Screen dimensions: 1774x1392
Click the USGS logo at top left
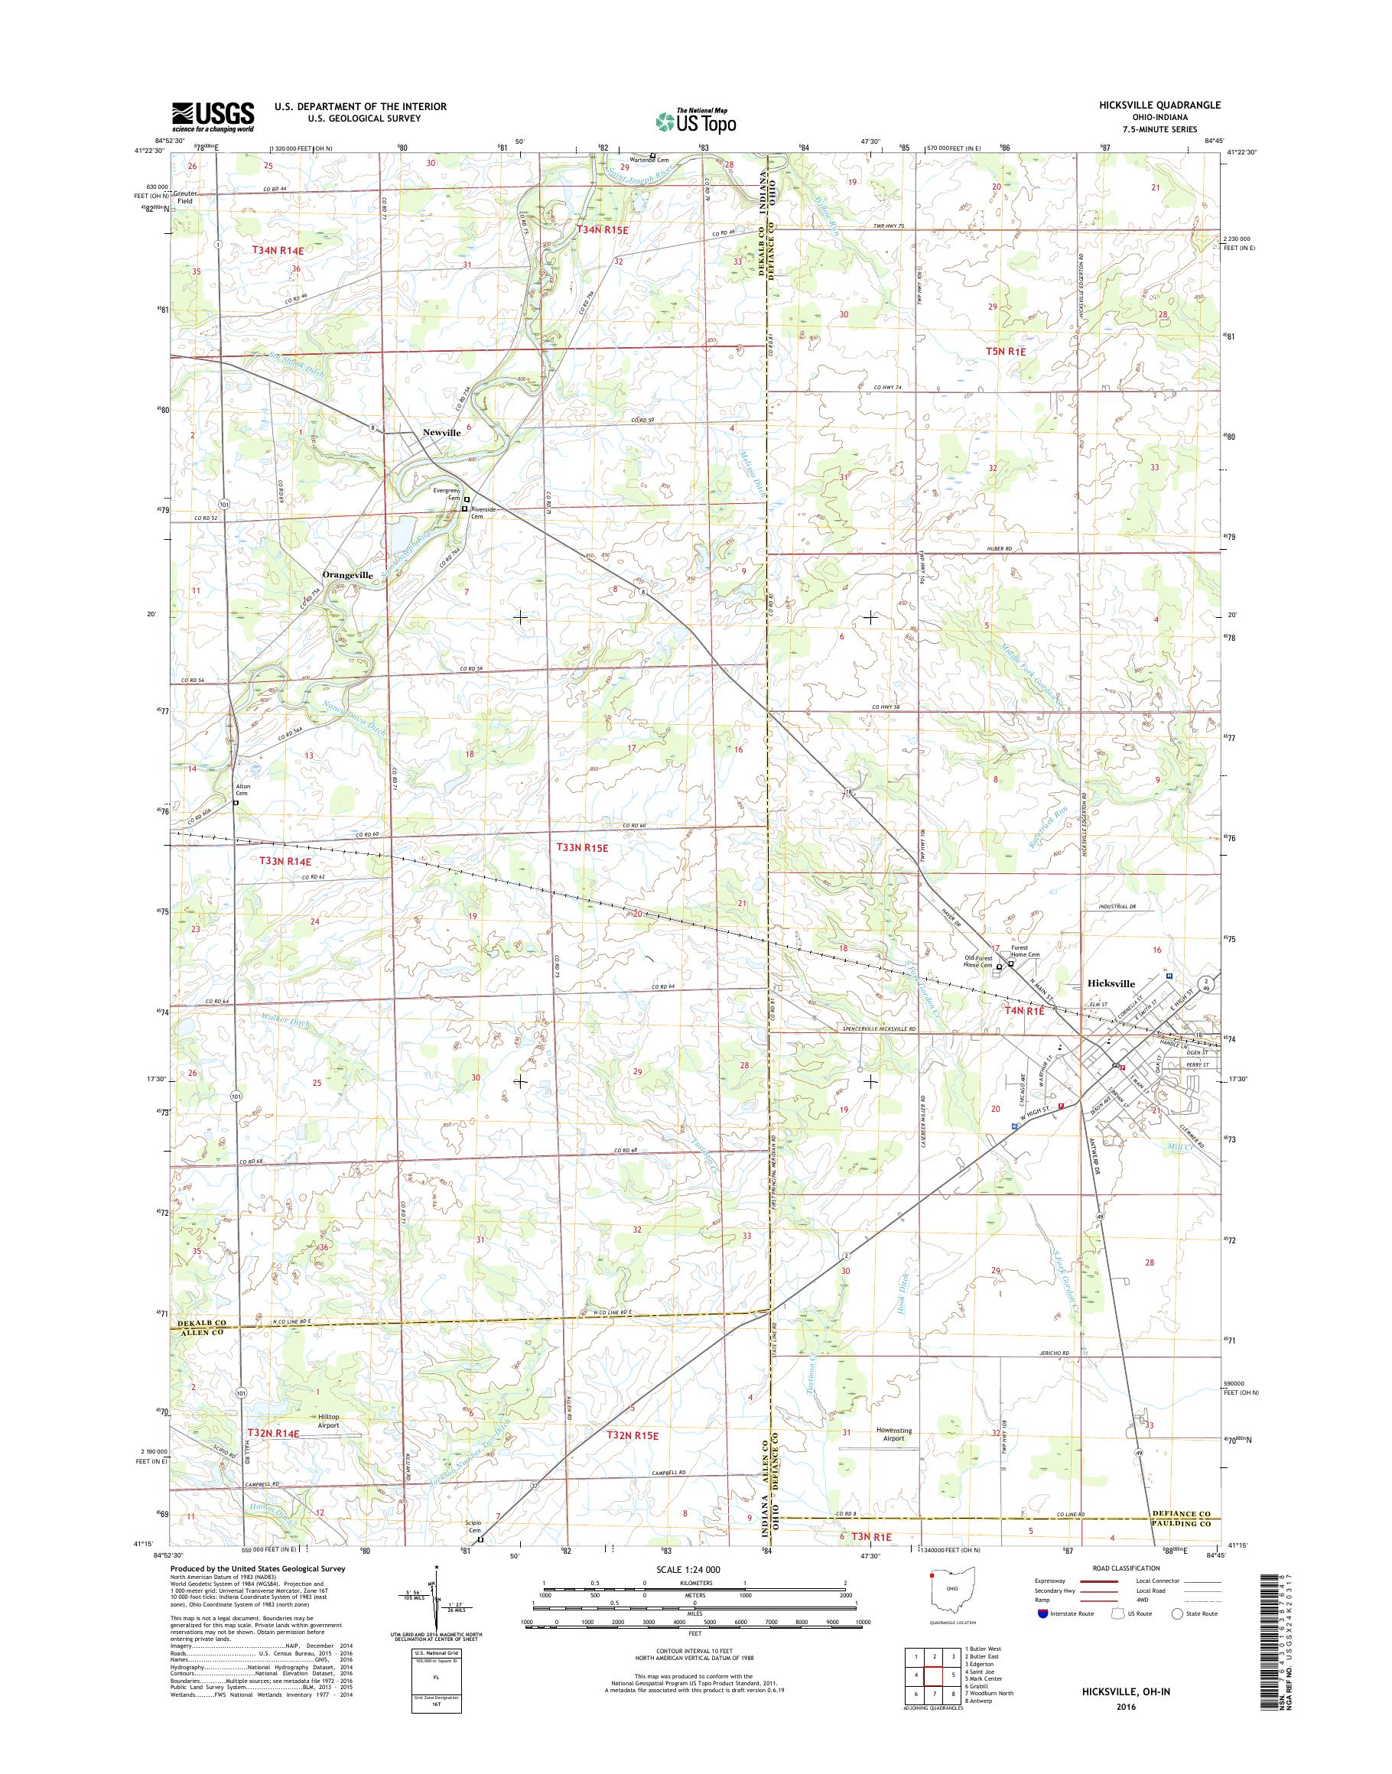(x=212, y=116)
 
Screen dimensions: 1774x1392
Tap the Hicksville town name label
(x=1111, y=983)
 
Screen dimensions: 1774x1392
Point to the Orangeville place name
(x=348, y=574)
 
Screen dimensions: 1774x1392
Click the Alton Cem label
(x=242, y=790)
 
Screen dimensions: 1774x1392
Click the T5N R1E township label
(x=1006, y=351)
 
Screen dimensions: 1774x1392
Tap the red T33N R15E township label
(x=582, y=847)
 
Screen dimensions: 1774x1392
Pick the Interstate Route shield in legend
(x=1042, y=1613)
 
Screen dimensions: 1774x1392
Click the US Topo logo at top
(x=695, y=121)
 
